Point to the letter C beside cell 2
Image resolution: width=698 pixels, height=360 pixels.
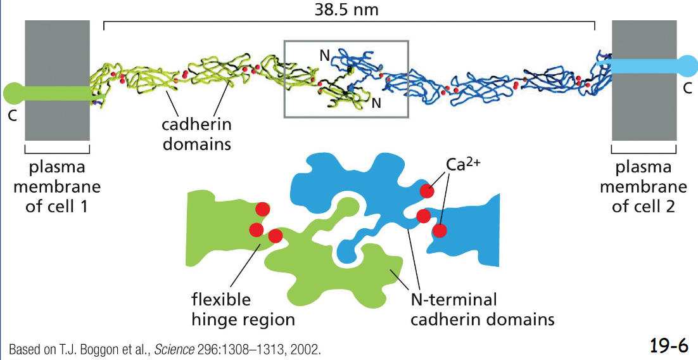(687, 89)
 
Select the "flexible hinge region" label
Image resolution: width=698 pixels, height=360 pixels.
(243, 309)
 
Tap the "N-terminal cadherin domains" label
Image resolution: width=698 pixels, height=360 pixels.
(482, 309)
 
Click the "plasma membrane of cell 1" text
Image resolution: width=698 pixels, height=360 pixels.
(57, 187)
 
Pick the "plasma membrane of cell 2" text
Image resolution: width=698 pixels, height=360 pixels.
(644, 187)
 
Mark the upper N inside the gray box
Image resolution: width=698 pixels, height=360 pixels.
(324, 55)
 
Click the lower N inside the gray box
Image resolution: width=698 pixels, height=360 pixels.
(376, 102)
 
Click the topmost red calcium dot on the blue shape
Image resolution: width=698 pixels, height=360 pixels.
(428, 190)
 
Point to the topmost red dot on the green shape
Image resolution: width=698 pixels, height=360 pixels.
(262, 209)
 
